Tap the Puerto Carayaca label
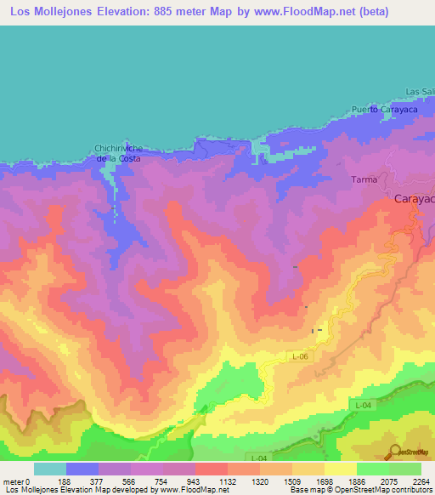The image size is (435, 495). (x=381, y=110)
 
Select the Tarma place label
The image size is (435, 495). (x=363, y=180)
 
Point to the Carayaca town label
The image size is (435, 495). (x=415, y=198)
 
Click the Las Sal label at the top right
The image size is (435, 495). (x=420, y=92)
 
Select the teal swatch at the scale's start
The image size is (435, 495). (x=50, y=469)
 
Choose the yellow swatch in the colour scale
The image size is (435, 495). (x=340, y=469)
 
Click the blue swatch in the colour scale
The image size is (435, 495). (x=82, y=469)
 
